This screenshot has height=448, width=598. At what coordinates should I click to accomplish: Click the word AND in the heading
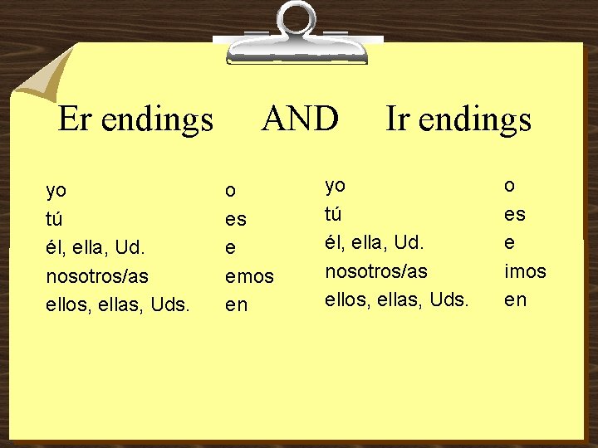(300, 119)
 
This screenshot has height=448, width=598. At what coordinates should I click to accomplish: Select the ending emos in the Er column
(249, 277)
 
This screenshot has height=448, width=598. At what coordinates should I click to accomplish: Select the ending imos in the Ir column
(525, 270)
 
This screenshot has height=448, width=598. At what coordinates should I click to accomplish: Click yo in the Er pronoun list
(56, 192)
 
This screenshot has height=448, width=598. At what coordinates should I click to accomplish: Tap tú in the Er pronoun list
(54, 219)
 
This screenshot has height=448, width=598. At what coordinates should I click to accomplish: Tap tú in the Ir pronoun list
(333, 213)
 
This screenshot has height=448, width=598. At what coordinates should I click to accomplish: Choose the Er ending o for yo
(230, 192)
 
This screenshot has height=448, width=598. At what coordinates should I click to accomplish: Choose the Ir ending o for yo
(509, 186)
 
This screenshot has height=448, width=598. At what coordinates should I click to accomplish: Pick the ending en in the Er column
(237, 305)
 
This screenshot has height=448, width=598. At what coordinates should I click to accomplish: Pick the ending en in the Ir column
(516, 299)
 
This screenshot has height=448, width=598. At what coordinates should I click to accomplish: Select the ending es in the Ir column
(515, 214)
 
